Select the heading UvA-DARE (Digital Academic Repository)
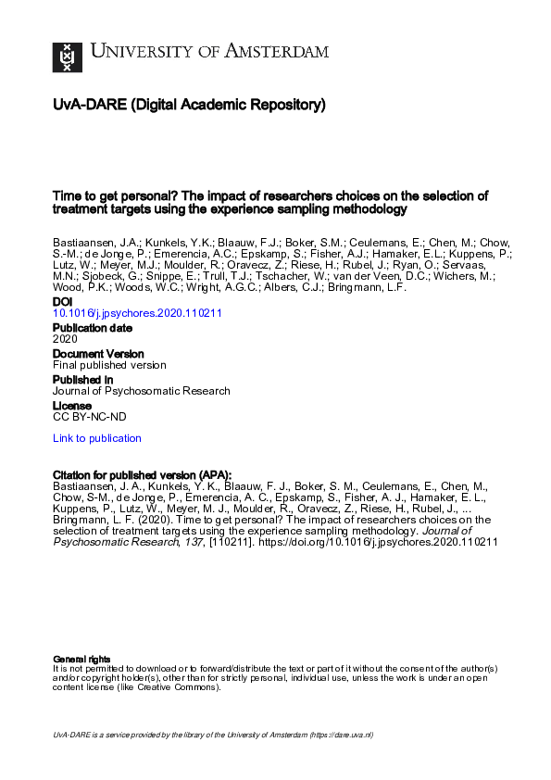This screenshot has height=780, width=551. (x=189, y=106)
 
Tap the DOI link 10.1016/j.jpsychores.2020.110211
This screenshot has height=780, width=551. (x=137, y=313)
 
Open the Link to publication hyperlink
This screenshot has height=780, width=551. (x=97, y=438)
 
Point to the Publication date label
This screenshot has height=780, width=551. (x=93, y=328)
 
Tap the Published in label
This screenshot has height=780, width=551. (x=83, y=380)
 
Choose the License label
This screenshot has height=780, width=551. (x=72, y=406)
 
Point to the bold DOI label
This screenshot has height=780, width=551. (x=62, y=302)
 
